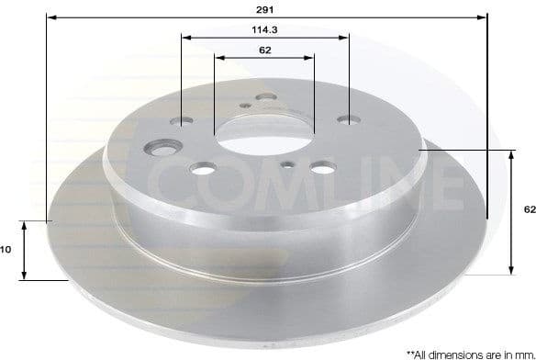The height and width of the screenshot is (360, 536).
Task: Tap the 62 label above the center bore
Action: (264, 50)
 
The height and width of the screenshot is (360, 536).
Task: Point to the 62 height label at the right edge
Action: (530, 210)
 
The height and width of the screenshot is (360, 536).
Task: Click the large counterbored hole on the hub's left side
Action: (164, 146)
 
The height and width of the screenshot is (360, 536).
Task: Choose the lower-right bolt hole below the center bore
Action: (321, 168)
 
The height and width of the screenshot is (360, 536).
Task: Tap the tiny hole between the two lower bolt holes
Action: (288, 165)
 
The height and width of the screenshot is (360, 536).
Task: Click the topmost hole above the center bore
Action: (266, 96)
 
